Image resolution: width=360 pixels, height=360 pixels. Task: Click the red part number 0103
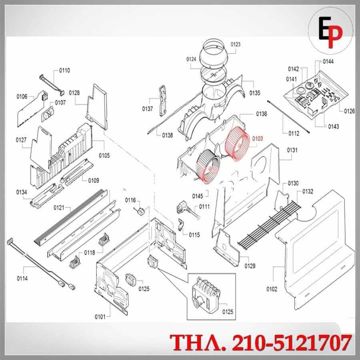(x=257, y=139)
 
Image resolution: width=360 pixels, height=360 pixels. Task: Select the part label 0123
(x=235, y=44)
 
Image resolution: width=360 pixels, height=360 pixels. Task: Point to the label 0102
(x=272, y=289)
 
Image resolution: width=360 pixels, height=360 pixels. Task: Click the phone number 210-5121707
(x=292, y=342)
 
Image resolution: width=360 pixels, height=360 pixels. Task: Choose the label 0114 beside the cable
(x=22, y=278)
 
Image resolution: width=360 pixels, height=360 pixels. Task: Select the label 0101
(x=100, y=317)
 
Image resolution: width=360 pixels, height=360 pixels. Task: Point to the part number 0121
(x=59, y=208)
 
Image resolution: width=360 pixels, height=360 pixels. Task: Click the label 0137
(x=147, y=108)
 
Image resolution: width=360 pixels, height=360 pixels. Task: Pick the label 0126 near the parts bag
(x=350, y=111)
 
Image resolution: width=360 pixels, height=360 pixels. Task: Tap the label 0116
(x=130, y=200)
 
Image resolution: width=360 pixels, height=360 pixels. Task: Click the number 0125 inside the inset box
(x=228, y=312)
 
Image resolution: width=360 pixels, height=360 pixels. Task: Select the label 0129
(x=250, y=266)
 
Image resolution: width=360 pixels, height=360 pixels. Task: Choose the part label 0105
(x=104, y=156)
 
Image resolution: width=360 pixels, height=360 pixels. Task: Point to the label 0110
(x=64, y=70)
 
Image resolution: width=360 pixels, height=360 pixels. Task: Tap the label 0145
(x=198, y=196)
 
